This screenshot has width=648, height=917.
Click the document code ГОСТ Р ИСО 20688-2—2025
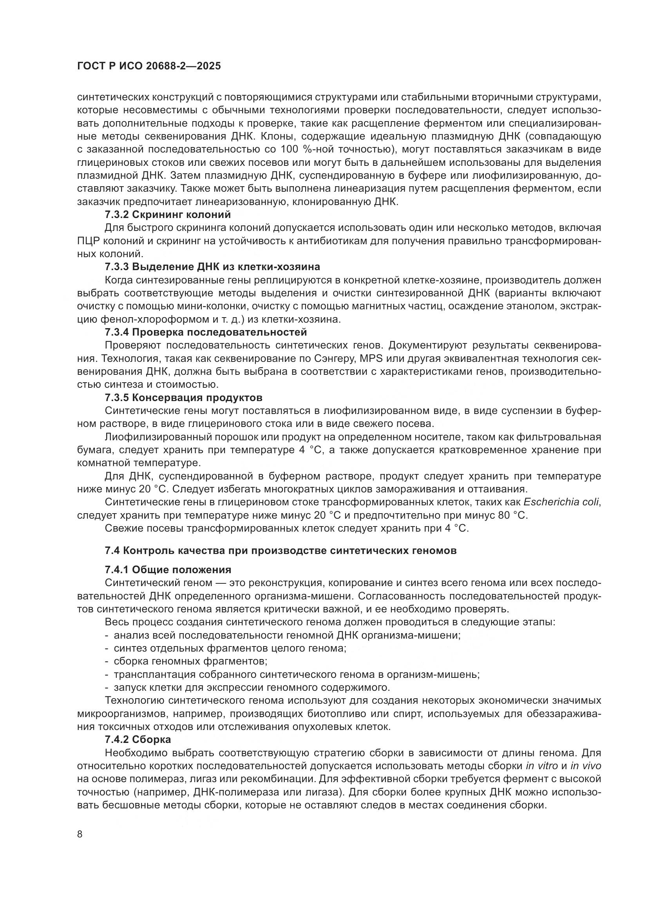(x=149, y=66)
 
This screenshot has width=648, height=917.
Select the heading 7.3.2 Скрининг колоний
(x=168, y=214)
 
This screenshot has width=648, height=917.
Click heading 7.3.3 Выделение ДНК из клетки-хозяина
(x=212, y=266)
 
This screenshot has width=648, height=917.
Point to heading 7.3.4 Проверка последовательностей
(x=206, y=332)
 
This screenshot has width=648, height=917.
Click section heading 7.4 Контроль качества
(x=281, y=550)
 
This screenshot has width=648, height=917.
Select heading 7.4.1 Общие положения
(x=168, y=570)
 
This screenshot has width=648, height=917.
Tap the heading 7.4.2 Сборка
(x=138, y=739)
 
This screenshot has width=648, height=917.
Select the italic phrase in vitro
(x=542, y=766)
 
